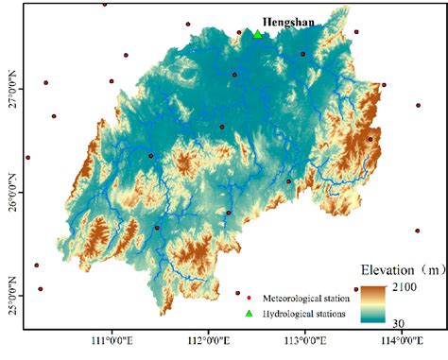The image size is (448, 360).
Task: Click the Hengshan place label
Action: [289, 22]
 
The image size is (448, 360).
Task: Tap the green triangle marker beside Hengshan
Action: [257, 34]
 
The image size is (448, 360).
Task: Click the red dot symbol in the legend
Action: [238, 293]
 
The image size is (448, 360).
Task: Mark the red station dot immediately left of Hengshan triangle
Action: [239, 32]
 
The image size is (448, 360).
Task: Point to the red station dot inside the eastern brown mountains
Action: [370, 139]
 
